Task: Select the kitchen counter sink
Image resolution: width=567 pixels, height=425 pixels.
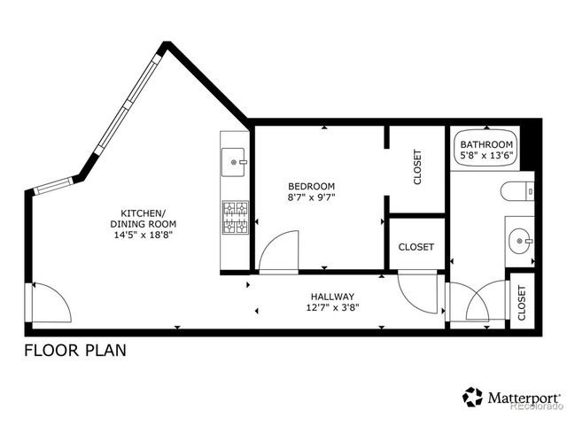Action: click(x=235, y=161)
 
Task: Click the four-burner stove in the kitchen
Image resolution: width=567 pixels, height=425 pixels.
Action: click(x=235, y=218)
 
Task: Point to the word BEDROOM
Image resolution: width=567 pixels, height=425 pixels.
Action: click(x=311, y=186)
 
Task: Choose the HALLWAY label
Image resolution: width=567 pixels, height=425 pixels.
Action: click(x=332, y=297)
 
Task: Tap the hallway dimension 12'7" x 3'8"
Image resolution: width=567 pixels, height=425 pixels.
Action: click(x=332, y=308)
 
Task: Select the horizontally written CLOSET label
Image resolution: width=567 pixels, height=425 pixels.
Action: click(x=416, y=247)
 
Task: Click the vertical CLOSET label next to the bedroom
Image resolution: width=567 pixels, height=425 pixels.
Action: click(x=417, y=167)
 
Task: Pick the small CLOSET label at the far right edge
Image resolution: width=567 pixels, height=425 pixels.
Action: click(x=522, y=302)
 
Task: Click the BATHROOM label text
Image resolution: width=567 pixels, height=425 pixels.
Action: click(x=486, y=144)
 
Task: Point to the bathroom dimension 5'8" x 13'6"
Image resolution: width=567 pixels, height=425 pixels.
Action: click(x=486, y=156)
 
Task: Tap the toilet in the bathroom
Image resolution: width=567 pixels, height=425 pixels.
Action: click(x=517, y=190)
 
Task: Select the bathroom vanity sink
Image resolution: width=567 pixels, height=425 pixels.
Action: click(x=520, y=237)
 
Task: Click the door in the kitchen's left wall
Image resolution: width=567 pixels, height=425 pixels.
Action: click(x=50, y=303)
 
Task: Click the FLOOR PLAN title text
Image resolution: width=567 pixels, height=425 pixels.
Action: click(x=74, y=350)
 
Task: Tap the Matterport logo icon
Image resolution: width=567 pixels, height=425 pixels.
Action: click(x=472, y=397)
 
